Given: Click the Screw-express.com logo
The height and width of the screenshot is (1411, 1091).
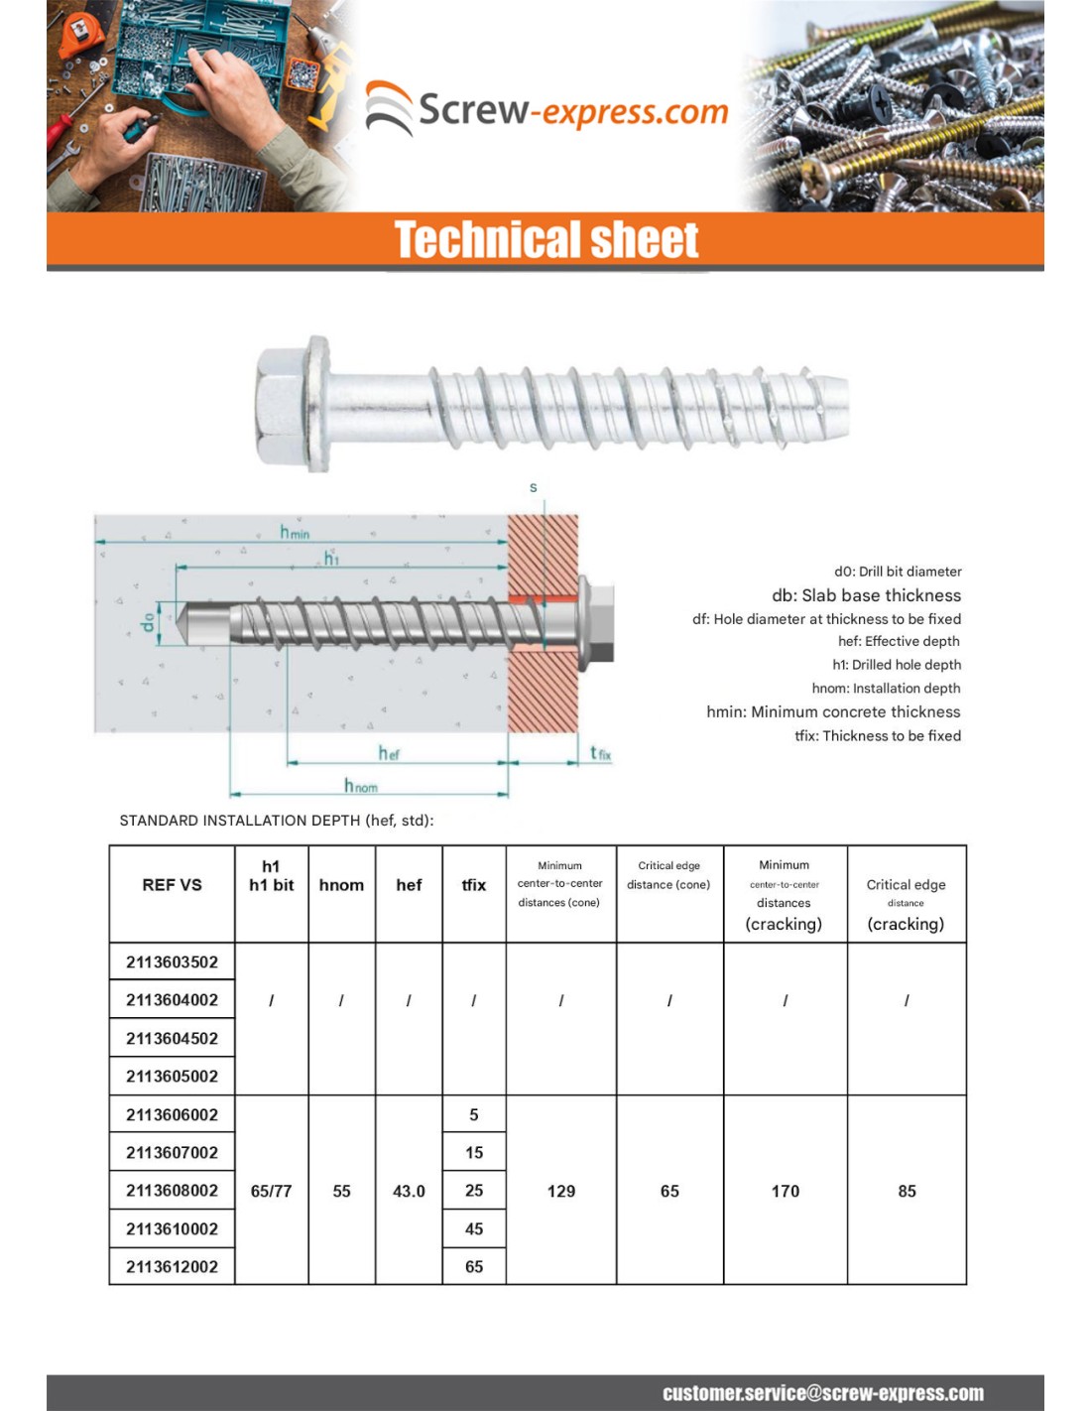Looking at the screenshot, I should [x=546, y=109].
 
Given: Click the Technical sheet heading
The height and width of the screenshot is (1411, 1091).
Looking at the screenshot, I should [x=546, y=240].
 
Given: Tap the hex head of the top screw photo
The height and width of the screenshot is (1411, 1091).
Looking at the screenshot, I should [x=288, y=404].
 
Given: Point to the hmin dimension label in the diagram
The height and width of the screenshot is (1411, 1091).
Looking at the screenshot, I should [x=295, y=533].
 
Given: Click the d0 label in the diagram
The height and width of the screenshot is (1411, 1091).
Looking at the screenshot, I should [x=149, y=622].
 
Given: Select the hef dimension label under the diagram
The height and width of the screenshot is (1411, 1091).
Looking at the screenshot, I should [x=389, y=754].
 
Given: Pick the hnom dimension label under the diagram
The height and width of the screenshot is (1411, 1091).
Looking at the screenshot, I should [x=361, y=786].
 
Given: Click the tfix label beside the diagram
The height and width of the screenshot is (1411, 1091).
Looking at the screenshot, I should [x=601, y=754].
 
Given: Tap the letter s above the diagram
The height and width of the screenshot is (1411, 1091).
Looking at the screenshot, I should [x=534, y=487].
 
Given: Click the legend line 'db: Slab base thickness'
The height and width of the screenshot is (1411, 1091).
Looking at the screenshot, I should [x=866, y=595].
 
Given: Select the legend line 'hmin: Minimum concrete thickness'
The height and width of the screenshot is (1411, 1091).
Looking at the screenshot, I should [x=833, y=711].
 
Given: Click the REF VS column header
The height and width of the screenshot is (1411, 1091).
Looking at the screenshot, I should [x=172, y=885].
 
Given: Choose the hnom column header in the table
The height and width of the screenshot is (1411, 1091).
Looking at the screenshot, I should [x=341, y=885].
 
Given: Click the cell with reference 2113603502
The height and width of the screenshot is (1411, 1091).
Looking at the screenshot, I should [x=172, y=962].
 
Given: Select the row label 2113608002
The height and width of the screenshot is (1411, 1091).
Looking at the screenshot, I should [x=172, y=1190].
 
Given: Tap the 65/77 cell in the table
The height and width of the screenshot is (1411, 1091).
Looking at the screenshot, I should [x=271, y=1191].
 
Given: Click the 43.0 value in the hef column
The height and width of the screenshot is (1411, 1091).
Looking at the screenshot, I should [x=409, y=1191].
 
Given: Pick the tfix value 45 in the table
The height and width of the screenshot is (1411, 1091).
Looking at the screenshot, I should [x=474, y=1228].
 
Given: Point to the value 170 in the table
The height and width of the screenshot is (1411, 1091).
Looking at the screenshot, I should [x=786, y=1191].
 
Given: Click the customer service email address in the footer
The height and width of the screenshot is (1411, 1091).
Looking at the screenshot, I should [x=823, y=1393].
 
